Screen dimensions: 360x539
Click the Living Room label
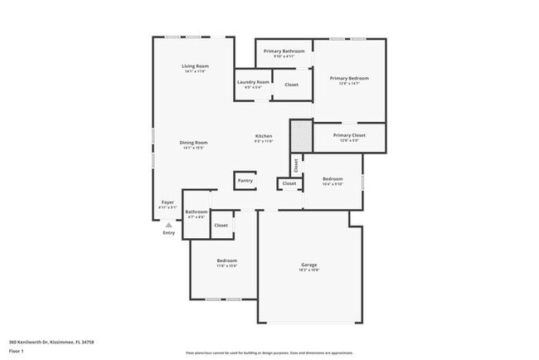[x=196, y=66]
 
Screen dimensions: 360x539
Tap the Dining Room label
[x=194, y=143]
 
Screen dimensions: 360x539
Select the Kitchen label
[x=264, y=136]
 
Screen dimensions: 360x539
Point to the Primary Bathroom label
[x=284, y=51]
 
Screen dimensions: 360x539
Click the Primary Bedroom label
[x=348, y=79]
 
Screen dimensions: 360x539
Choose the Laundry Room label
[x=253, y=82]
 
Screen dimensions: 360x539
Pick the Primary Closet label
[x=349, y=135]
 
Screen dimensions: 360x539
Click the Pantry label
[x=245, y=180]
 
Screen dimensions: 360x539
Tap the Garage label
[x=308, y=265]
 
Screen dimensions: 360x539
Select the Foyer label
[x=168, y=202]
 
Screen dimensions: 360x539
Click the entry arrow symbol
[x=168, y=225]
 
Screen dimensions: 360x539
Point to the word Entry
[x=169, y=233]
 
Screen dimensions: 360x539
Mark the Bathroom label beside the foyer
[x=197, y=212]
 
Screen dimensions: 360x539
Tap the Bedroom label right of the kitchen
[x=333, y=179]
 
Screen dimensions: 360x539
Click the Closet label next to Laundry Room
[x=291, y=85]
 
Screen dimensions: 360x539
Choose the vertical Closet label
[x=295, y=165]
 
